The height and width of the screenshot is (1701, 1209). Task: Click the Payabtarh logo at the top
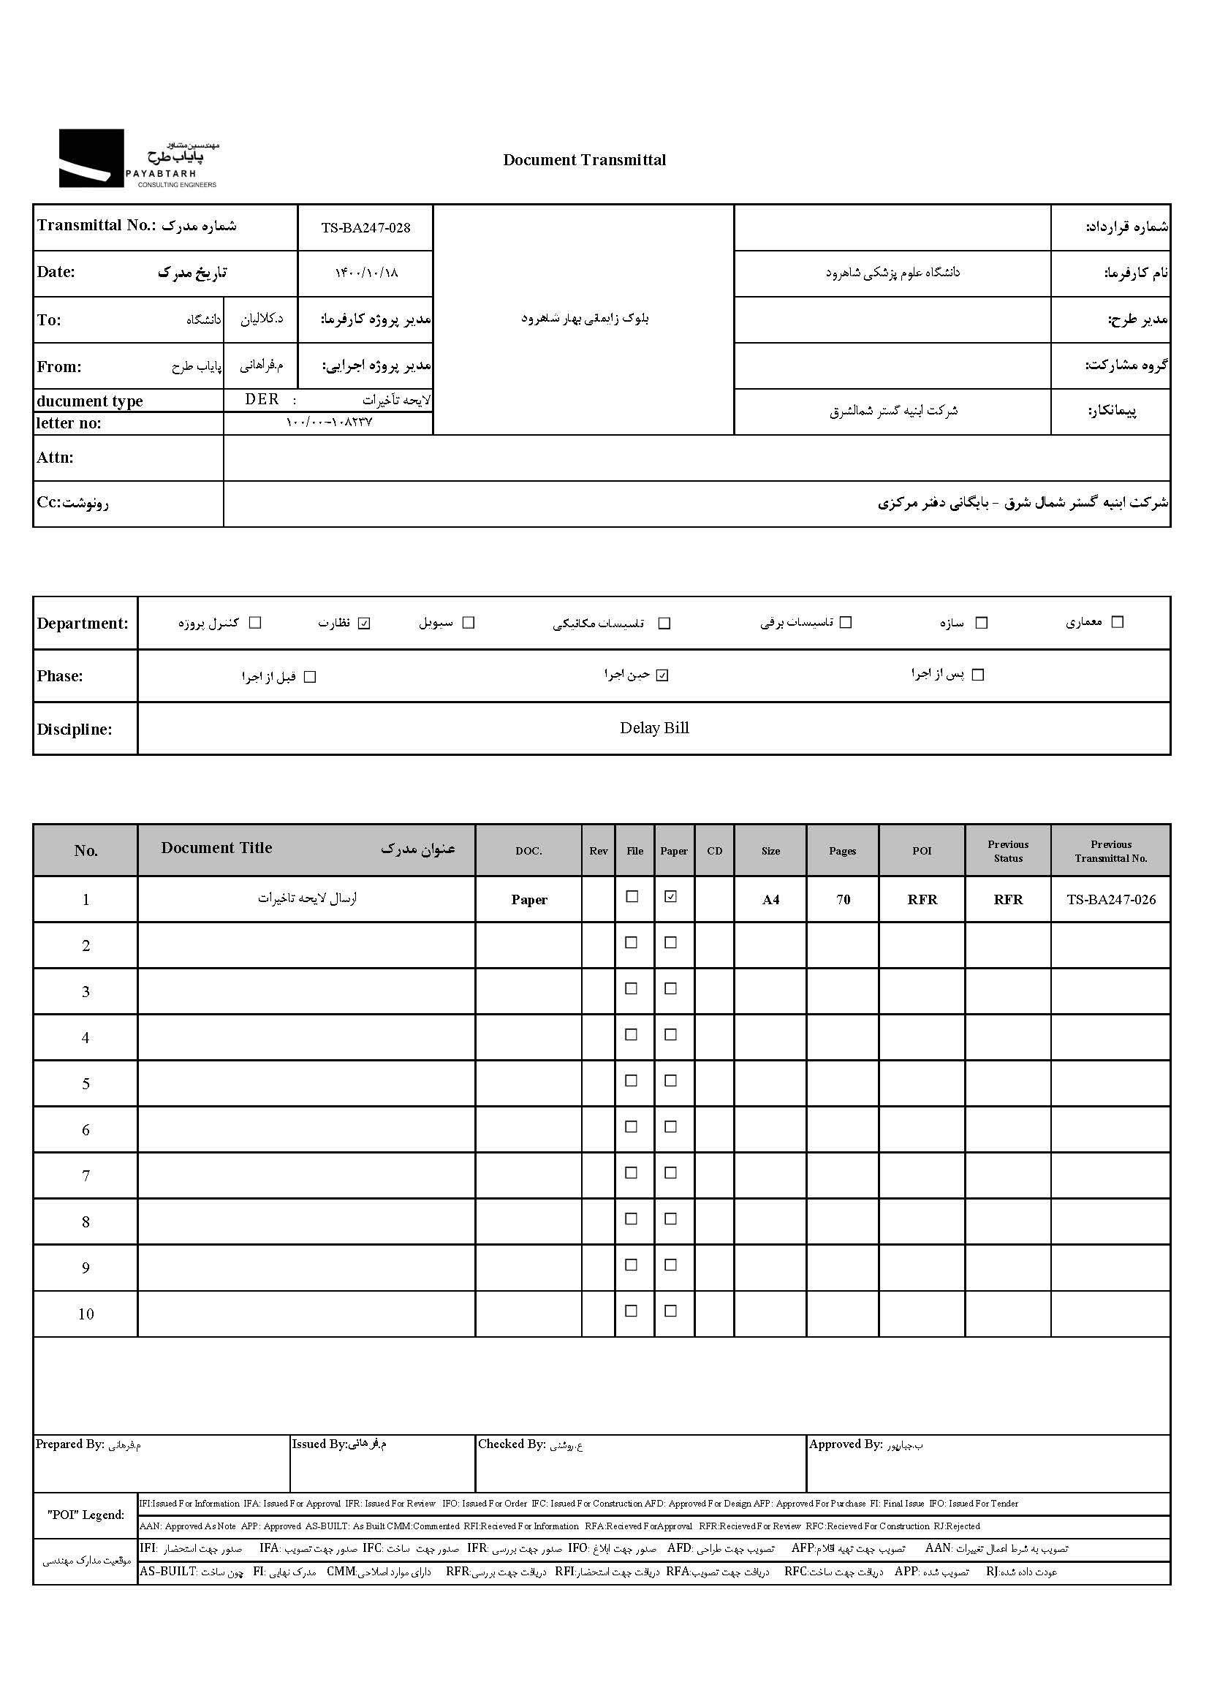(137, 159)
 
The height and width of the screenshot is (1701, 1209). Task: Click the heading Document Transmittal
(585, 160)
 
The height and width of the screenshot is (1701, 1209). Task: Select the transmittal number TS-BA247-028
(365, 228)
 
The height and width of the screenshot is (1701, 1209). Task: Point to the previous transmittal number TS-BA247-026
(1111, 899)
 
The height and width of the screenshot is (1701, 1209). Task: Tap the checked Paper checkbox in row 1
(671, 897)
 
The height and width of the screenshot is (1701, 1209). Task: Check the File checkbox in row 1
(632, 897)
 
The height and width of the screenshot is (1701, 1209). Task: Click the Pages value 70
(843, 899)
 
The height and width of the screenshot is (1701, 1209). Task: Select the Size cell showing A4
(770, 899)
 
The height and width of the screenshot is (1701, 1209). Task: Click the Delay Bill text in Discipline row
(654, 728)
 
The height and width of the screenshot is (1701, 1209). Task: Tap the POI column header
(922, 851)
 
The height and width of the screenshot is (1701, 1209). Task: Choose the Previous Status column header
(1008, 851)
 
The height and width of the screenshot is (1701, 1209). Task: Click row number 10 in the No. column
(86, 1314)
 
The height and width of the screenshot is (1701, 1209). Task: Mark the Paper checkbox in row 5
(671, 1081)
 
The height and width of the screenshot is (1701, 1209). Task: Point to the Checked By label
(512, 1444)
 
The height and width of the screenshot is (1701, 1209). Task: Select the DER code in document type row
(262, 400)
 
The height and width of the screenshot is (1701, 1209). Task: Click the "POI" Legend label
(86, 1515)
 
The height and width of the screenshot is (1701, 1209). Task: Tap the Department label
(83, 624)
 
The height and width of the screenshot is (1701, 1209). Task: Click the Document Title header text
(216, 848)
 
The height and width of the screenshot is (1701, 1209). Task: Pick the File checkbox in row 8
(632, 1219)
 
